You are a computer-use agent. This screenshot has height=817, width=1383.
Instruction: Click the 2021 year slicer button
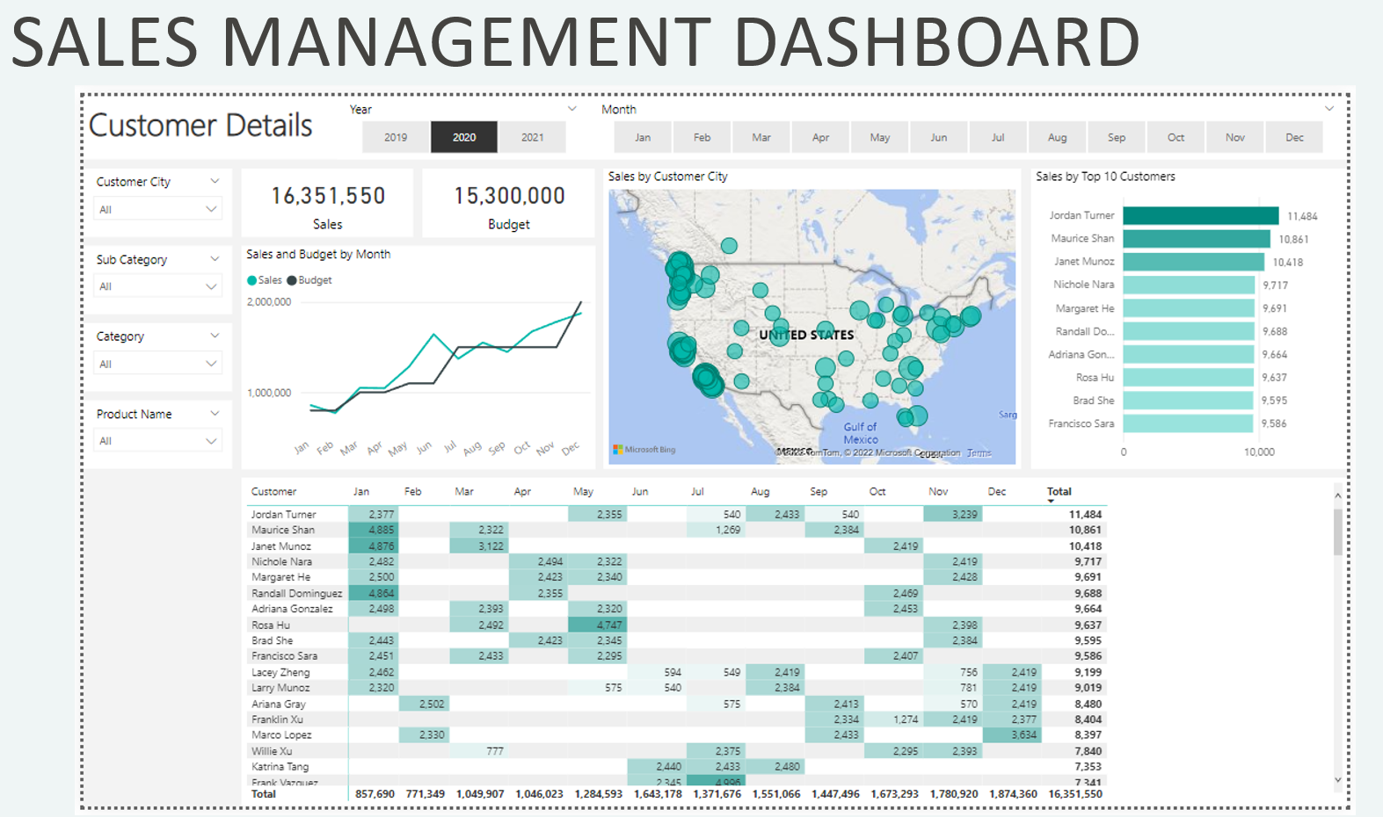point(532,137)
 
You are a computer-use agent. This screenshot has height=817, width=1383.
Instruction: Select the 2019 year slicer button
point(396,137)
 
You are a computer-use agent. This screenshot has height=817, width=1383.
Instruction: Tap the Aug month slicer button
point(1057,137)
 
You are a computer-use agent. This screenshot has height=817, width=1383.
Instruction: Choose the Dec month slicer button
point(1294,137)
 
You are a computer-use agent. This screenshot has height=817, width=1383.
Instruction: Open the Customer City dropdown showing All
point(157,209)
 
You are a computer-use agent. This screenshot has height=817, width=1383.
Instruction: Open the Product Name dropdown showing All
point(157,441)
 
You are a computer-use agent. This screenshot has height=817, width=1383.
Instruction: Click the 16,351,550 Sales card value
point(328,196)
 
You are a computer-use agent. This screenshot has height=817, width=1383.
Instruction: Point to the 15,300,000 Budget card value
point(509,196)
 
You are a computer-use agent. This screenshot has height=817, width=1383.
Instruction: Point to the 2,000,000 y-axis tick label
point(269,301)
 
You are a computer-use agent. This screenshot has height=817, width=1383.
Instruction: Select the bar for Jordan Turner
point(1200,216)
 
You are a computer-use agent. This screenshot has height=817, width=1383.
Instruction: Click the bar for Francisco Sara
point(1187,423)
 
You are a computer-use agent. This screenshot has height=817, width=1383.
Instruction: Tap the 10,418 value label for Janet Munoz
point(1288,262)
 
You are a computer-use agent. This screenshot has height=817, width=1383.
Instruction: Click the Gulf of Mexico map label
point(860,433)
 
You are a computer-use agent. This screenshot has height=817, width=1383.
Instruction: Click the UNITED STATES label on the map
point(806,335)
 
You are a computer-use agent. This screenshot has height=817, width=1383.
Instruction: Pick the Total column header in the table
point(1059,492)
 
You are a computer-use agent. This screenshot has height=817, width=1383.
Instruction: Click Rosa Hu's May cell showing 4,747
point(598,625)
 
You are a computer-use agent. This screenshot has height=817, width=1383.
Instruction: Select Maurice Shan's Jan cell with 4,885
point(375,530)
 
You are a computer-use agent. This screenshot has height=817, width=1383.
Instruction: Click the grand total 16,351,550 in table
point(1074,794)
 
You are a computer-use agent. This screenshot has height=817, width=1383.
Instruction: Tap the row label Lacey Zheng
point(280,672)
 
